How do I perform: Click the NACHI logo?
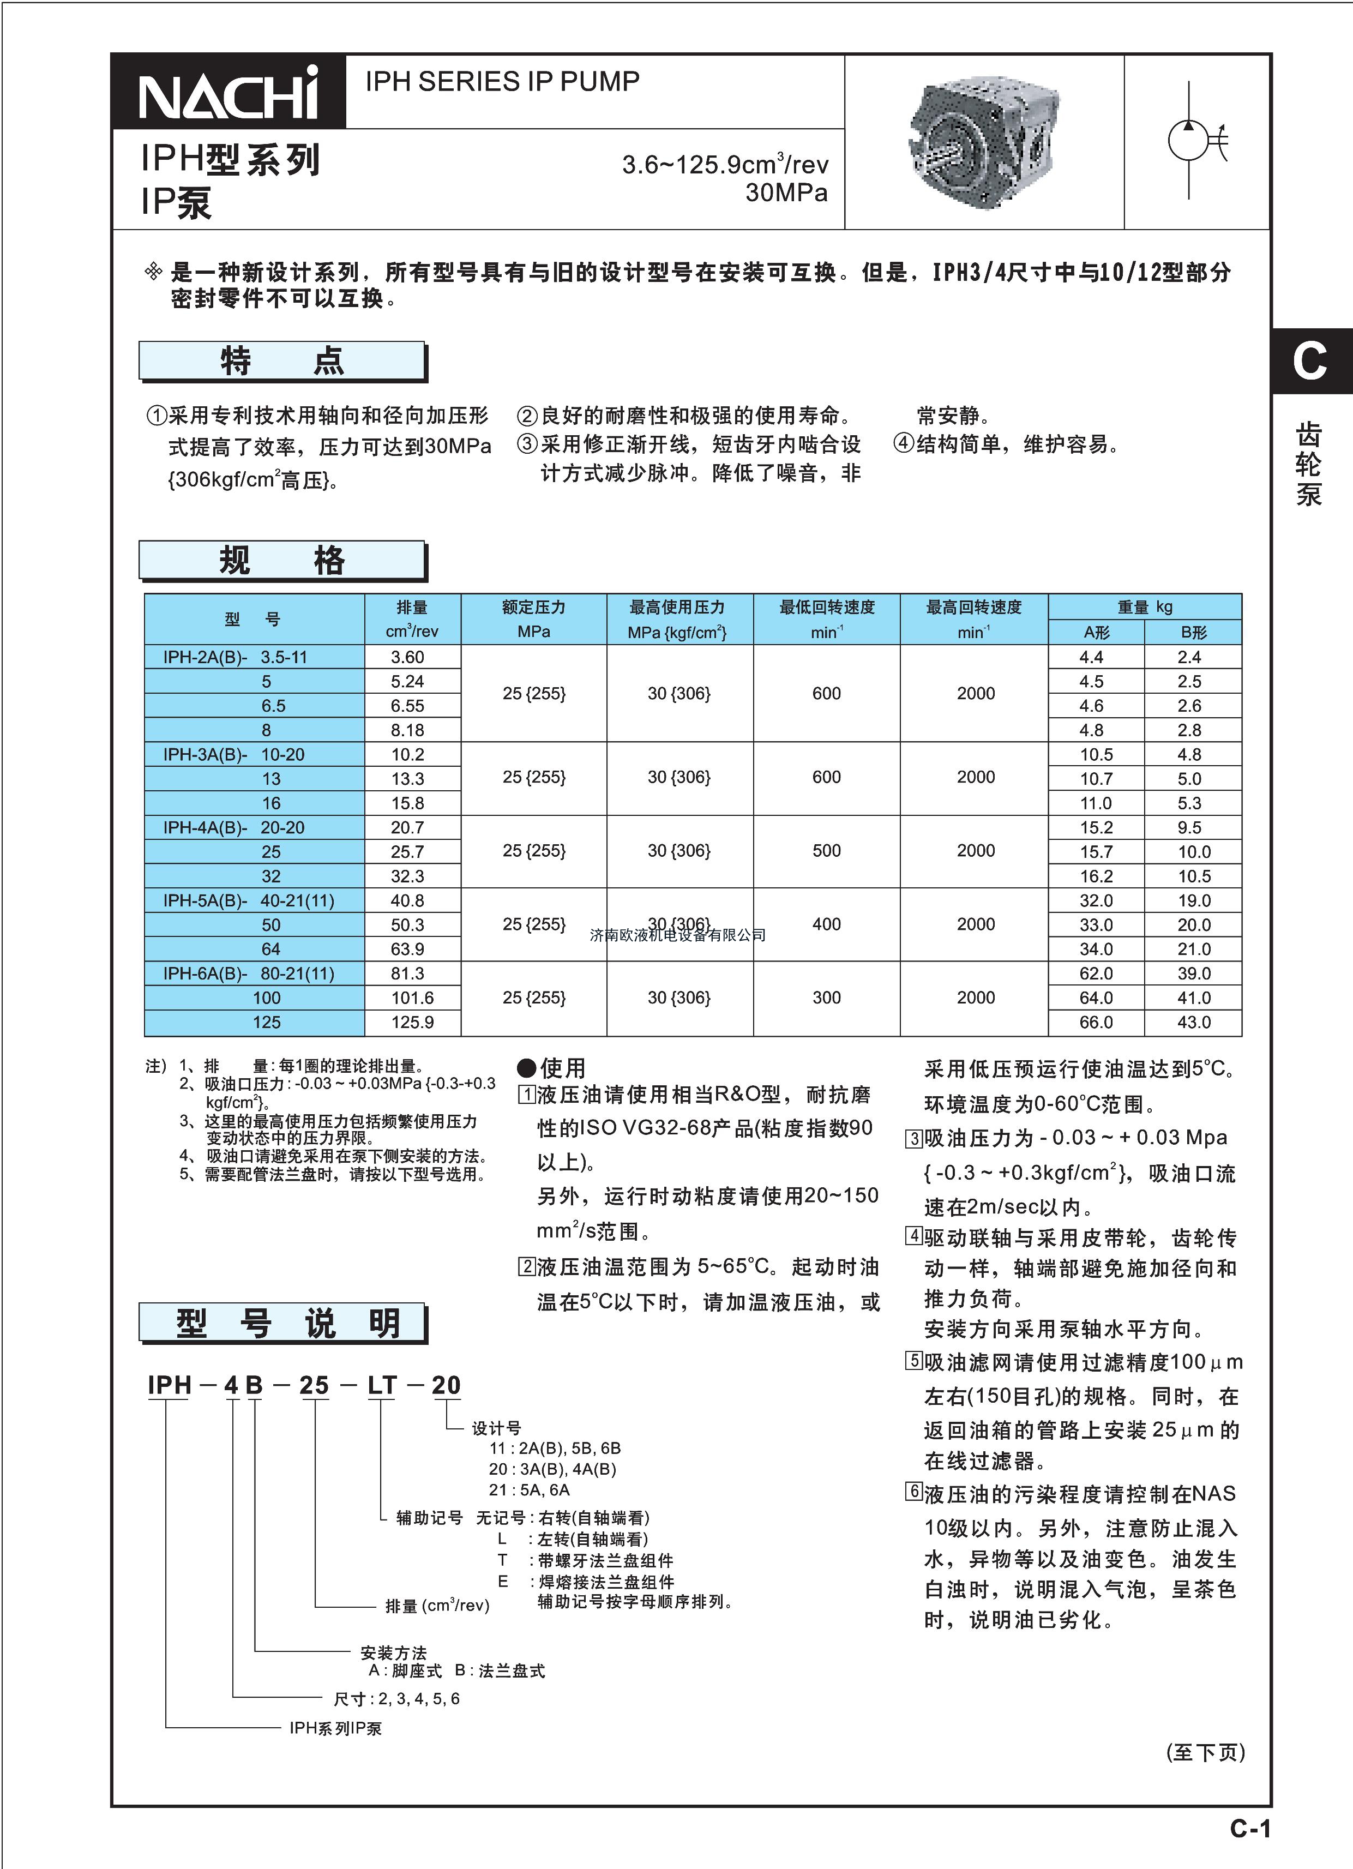pos(228,92)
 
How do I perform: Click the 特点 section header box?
pos(282,361)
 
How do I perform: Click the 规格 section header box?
pos(282,560)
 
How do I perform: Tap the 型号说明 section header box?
pos(282,1323)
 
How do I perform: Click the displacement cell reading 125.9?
pos(412,1022)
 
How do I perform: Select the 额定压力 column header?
pos(533,608)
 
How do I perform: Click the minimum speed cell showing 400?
pos(826,924)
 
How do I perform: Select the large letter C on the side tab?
pos(1309,361)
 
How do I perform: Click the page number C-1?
pos(1249,1829)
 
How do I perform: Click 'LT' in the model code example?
pos(382,1385)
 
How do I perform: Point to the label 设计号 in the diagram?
pos(496,1428)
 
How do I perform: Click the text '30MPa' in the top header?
pos(786,193)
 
